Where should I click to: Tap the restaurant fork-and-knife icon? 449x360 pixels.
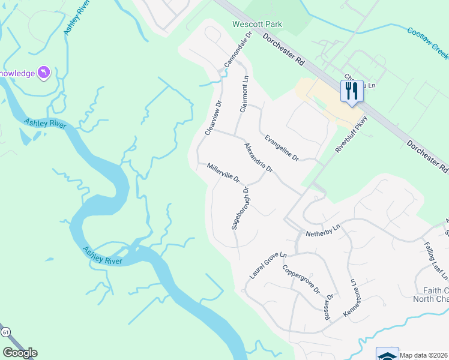pos(351,91)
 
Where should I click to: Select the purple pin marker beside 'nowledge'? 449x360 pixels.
pos(44,73)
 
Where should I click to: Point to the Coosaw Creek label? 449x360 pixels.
pos(427,42)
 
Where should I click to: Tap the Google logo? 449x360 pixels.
pos(20,353)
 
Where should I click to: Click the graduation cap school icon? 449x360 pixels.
pos(387,355)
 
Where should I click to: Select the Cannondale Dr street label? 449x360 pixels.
pos(237,50)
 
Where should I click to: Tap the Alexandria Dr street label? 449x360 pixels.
pos(259,158)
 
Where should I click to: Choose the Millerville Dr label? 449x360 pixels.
pos(223,173)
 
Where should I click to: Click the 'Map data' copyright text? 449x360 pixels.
pos(423,355)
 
